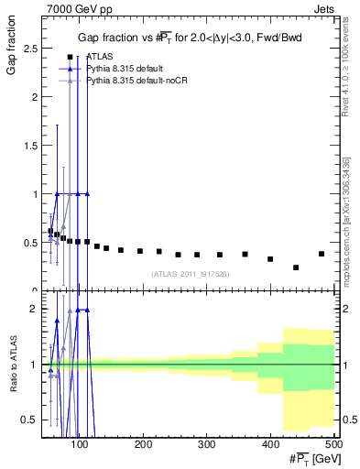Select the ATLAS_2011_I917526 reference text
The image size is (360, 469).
pyautogui.click(x=189, y=274)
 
